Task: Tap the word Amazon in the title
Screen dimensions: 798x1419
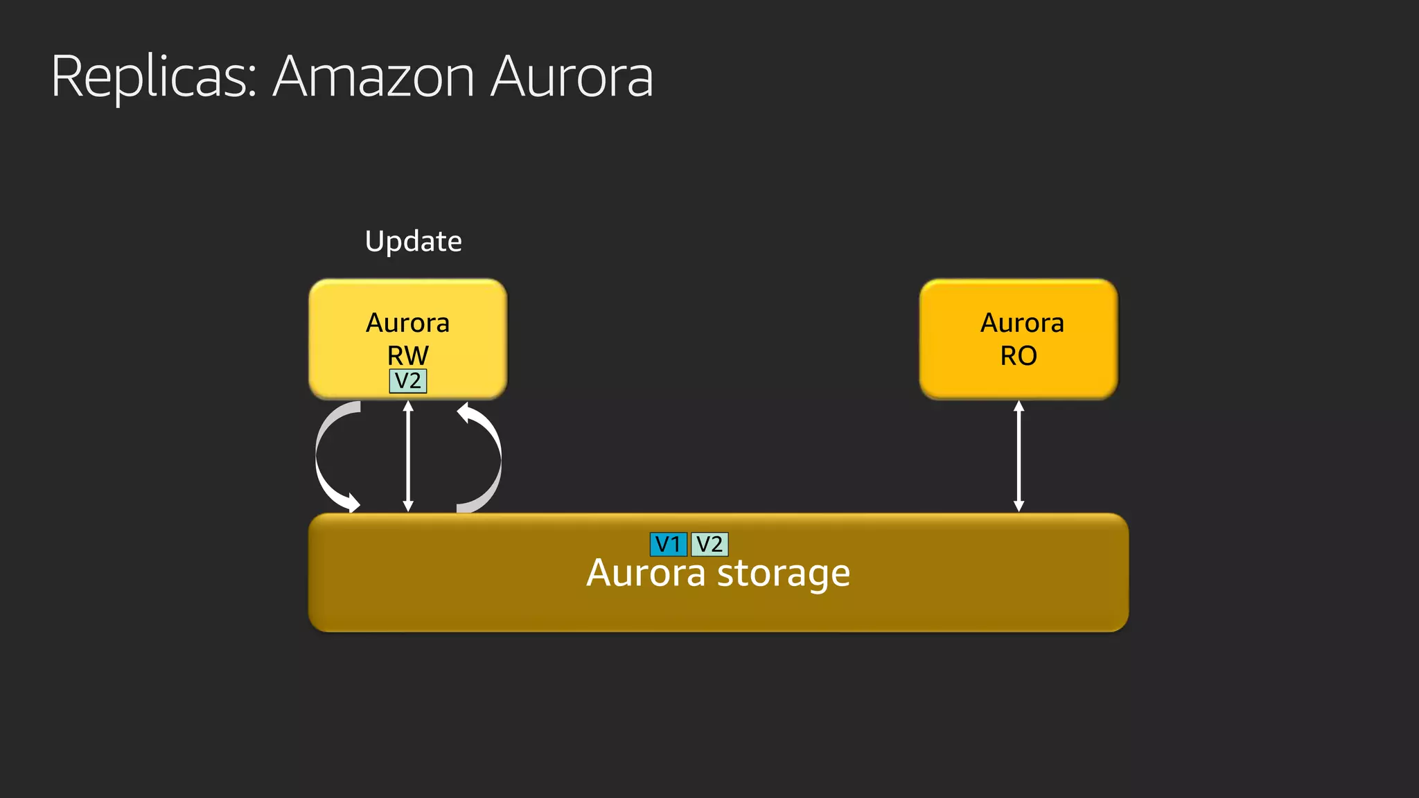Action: point(374,76)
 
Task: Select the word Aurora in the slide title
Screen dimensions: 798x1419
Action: point(572,76)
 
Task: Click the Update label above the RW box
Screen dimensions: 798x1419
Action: point(413,241)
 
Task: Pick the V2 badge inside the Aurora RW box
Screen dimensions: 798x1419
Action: point(408,381)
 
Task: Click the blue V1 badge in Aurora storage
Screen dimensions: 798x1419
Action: point(668,544)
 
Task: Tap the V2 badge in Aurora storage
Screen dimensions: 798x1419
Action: point(709,544)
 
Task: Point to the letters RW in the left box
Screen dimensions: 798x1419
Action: point(407,355)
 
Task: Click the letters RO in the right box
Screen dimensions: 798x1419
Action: point(1018,355)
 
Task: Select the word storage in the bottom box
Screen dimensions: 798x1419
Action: point(783,574)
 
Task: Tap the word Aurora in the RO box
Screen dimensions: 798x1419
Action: point(1022,323)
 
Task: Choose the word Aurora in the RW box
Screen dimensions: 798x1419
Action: point(407,323)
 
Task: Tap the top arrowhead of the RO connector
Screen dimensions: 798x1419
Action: point(1019,406)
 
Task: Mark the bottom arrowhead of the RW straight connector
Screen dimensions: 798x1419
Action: point(408,506)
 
